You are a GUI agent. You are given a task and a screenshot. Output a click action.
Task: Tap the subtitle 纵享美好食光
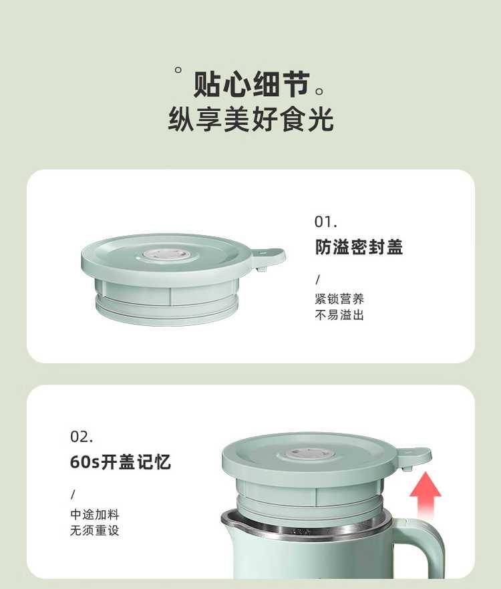tap(251, 119)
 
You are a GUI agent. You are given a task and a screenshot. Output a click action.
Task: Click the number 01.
tap(325, 222)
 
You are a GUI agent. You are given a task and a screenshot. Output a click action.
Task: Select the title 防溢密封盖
tap(359, 247)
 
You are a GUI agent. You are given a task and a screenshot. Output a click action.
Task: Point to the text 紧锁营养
tap(339, 299)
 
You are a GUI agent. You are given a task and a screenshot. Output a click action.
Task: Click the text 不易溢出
tap(339, 315)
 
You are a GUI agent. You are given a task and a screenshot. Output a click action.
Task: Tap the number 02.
tap(81, 437)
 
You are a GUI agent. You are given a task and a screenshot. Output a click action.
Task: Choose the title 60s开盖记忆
tap(120, 461)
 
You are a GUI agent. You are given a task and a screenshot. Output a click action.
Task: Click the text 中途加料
tap(95, 514)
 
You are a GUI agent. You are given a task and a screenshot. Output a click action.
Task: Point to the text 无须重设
tap(95, 530)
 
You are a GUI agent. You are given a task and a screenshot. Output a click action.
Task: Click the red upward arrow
tap(425, 495)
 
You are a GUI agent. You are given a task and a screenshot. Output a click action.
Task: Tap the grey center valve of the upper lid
tap(166, 255)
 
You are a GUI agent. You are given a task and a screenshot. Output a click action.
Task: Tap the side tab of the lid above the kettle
tap(413, 457)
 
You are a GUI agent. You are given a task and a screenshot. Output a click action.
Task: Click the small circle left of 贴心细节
tap(178, 69)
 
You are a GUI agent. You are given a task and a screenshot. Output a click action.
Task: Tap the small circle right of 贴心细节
tap(319, 91)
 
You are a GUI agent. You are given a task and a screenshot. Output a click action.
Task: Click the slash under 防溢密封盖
tap(317, 279)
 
